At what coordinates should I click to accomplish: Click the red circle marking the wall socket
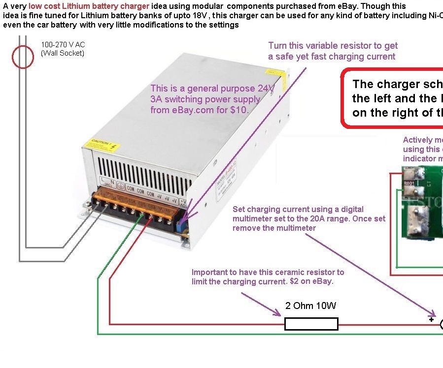tap(22, 58)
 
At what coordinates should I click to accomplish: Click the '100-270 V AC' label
tap(63, 45)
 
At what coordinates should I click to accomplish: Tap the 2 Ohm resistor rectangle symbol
tap(311, 324)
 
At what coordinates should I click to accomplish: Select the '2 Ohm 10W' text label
tap(310, 306)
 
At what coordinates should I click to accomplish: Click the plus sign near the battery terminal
tap(431, 319)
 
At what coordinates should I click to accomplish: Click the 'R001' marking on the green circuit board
tap(409, 184)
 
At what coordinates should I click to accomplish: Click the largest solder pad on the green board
tap(414, 217)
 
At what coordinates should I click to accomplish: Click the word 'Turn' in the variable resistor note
tap(277, 46)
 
